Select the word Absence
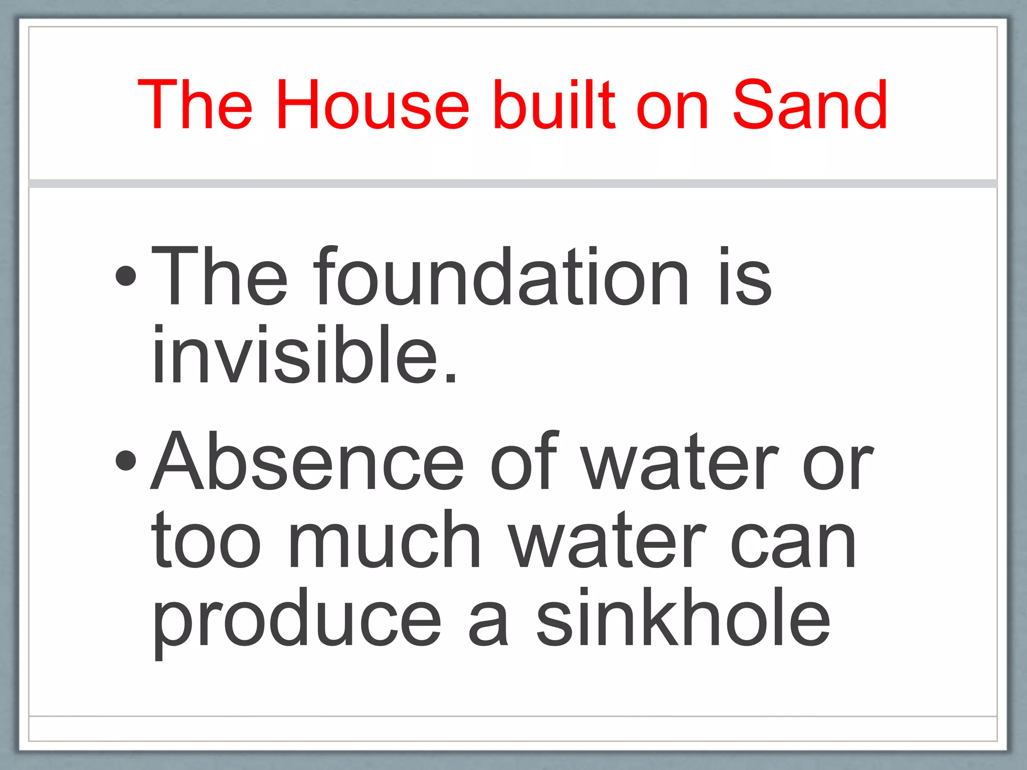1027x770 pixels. [x=307, y=461]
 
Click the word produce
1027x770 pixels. [x=297, y=622]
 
